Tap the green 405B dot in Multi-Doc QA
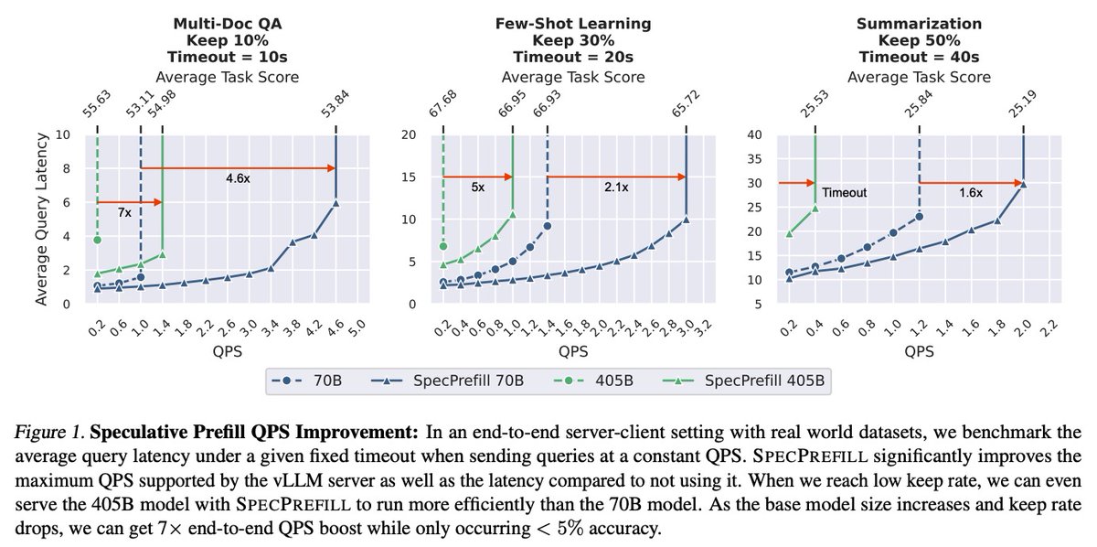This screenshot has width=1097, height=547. coord(96,240)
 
